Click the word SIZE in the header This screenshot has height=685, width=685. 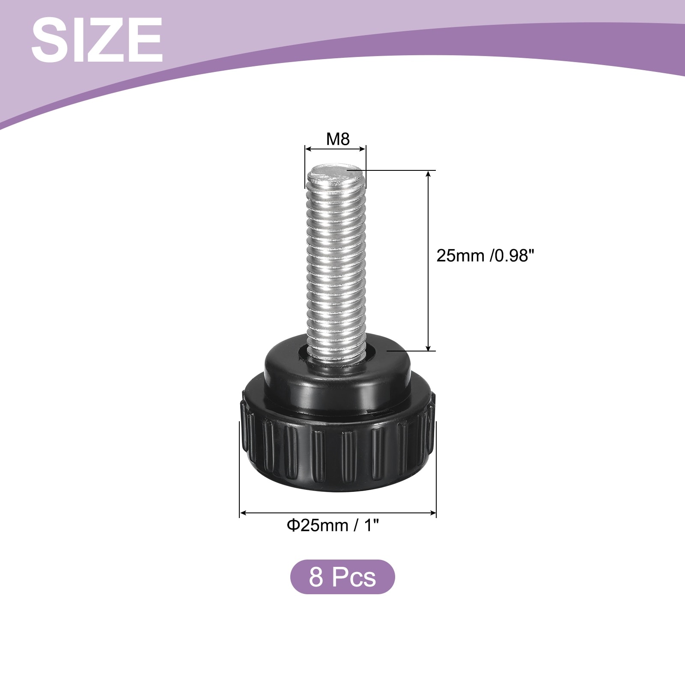(97, 41)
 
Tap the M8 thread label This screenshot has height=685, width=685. (338, 139)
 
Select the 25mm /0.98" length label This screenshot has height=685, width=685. (485, 256)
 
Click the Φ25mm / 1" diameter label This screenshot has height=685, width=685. (333, 525)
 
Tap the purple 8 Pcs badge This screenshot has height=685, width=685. (342, 577)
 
